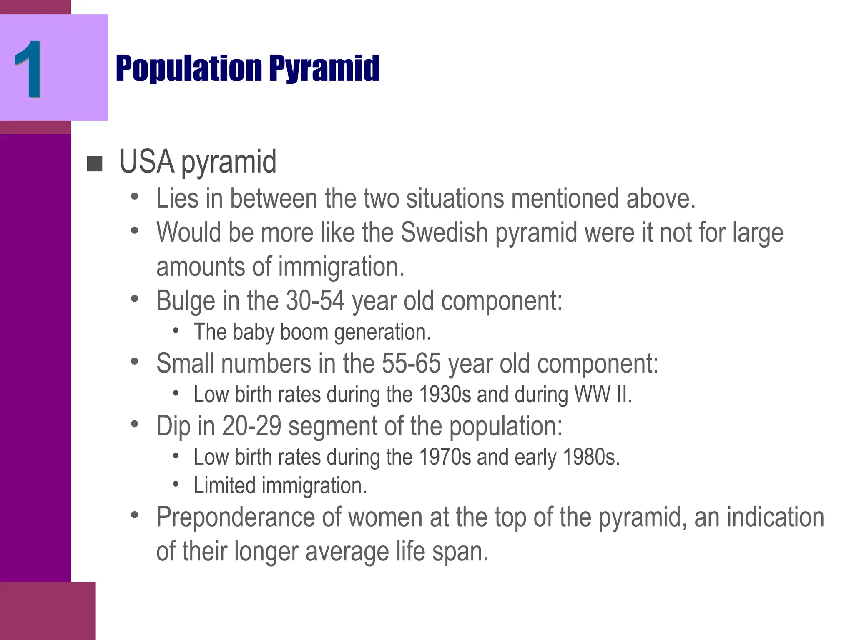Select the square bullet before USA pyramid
point(95,164)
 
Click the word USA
point(147,162)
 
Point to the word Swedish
point(444,232)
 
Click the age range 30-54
point(315,300)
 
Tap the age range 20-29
point(251,426)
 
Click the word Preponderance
point(235,517)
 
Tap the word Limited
point(224,486)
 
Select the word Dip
point(173,426)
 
